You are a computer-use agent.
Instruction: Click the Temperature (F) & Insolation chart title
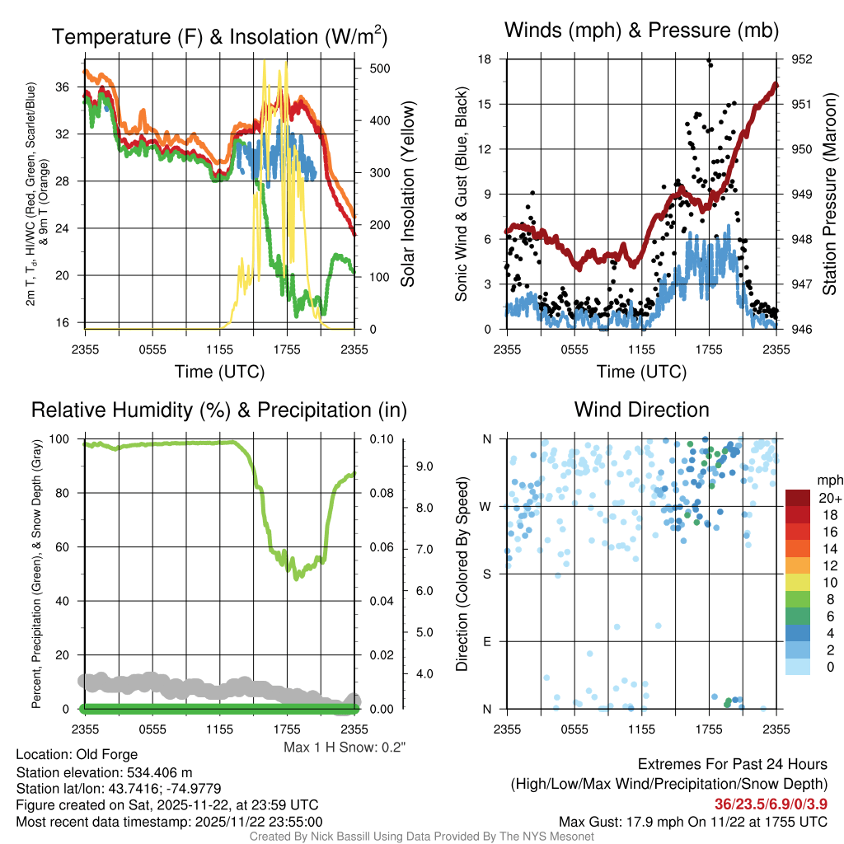[x=219, y=36]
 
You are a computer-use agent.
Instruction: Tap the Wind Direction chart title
[x=641, y=410]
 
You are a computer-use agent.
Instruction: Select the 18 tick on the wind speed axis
[x=485, y=59]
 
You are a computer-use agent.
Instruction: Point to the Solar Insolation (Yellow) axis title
[x=408, y=195]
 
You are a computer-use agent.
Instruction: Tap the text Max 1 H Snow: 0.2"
[x=345, y=748]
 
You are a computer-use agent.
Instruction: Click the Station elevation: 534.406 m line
[x=104, y=772]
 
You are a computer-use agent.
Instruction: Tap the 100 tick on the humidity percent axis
[x=63, y=439]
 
